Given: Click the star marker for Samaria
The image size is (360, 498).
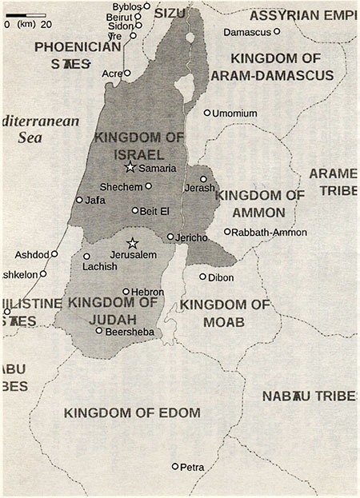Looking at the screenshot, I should (x=130, y=167).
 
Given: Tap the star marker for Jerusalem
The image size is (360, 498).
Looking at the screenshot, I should (x=133, y=243).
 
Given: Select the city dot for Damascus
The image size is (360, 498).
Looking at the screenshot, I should (x=277, y=31).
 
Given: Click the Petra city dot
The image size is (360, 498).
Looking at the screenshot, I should (x=175, y=466).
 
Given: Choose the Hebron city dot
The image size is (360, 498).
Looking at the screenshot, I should (x=126, y=292).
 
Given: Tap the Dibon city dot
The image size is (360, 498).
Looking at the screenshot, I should (x=202, y=277).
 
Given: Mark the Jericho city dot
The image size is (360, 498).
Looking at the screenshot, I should (x=170, y=237).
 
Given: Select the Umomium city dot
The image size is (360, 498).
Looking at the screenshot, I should (x=206, y=113).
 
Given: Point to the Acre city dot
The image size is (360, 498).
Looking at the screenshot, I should (x=126, y=73).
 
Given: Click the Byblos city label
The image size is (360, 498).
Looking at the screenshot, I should (x=126, y=6).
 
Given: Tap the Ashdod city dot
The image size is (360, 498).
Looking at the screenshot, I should (x=54, y=254).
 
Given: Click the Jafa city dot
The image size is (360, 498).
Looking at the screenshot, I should (x=79, y=200).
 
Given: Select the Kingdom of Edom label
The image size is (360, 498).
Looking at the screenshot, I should (x=132, y=412).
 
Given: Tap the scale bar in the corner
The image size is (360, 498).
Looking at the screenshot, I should (x=24, y=14).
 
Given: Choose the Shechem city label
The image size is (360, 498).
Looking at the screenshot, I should (x=122, y=186).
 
